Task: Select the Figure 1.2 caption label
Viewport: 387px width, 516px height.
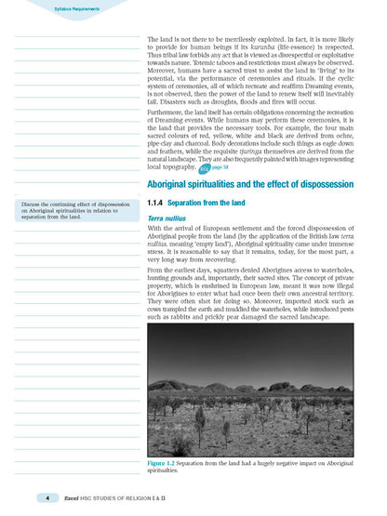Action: coord(167,462)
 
